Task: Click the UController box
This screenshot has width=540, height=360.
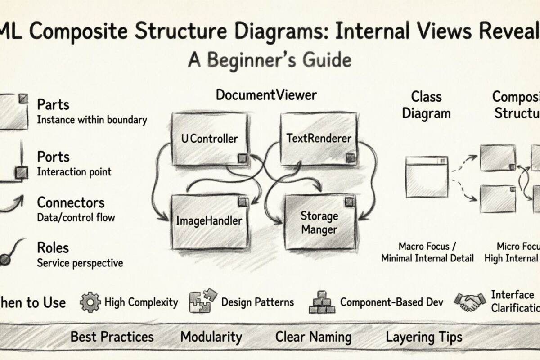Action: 210,139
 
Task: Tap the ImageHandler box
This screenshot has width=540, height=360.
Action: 210,221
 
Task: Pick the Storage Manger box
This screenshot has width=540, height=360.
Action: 319,222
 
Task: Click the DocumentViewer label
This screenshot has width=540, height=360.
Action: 266,95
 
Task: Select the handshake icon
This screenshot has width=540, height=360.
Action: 469,301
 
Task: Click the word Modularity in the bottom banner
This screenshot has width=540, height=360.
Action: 211,337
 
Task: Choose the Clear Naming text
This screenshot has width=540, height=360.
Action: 313,337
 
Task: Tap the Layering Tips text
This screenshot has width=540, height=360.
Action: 423,337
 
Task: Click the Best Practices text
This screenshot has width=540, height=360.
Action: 112,337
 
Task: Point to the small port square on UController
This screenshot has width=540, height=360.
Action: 243,158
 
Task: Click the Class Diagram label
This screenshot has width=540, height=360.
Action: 426,105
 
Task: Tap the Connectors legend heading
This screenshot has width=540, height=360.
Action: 71,202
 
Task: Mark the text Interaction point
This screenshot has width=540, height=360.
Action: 74,172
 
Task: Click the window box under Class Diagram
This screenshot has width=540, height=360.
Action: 427,176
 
